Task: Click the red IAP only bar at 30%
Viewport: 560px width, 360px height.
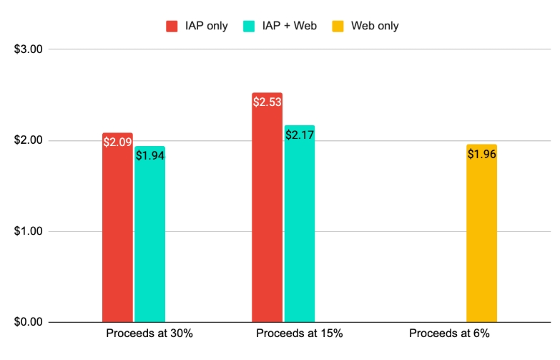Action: coord(117,229)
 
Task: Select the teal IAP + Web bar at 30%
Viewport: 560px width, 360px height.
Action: coord(149,236)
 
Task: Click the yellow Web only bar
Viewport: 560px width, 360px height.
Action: coord(481,236)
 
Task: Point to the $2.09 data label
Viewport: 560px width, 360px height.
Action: coord(117,142)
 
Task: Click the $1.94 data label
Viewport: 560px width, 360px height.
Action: coord(149,155)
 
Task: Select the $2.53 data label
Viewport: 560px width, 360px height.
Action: coord(267,102)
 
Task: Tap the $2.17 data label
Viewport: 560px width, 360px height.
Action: coord(299,134)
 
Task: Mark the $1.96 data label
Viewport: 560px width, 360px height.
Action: coord(481,153)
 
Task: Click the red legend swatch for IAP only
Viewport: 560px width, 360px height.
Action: coord(172,26)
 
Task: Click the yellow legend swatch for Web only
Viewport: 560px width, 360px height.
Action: coord(338,26)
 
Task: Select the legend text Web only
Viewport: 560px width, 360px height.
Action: coord(375,26)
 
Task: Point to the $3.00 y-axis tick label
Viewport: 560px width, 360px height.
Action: coord(29,49)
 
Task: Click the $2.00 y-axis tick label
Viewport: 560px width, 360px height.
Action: coord(29,140)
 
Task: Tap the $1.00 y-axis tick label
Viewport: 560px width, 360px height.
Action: coord(29,231)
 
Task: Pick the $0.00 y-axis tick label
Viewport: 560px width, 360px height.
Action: coord(29,322)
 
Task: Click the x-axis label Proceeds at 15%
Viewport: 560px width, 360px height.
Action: coord(300,334)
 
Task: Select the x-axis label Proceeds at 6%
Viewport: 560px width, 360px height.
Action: coord(450,334)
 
